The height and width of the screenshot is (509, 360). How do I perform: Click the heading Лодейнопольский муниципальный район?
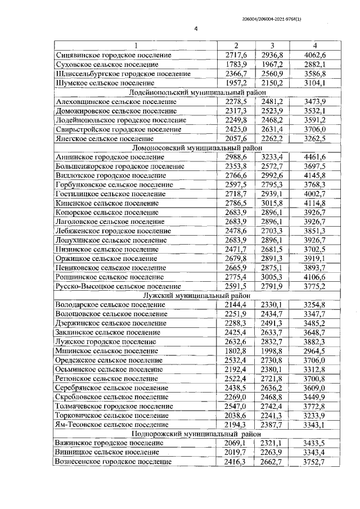coord(191,92)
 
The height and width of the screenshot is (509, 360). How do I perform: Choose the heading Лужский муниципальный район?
coord(191,295)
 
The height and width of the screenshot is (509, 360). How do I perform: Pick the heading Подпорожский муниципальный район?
coord(191,434)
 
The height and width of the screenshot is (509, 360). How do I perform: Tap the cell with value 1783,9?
coord(236,64)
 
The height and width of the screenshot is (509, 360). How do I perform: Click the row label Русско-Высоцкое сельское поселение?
coord(118,286)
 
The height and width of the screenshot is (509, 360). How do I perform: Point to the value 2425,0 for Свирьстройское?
coord(236,129)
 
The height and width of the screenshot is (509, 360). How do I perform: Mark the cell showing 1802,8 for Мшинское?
coord(236,350)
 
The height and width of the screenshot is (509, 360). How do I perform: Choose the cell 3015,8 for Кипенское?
coord(272,202)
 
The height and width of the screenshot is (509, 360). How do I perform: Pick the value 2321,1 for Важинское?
coord(272,443)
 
